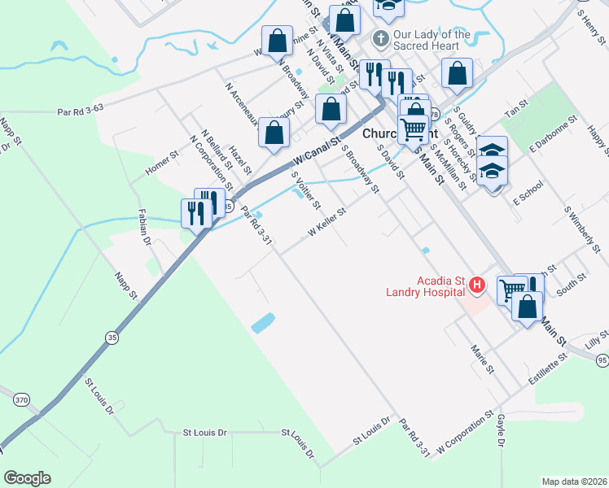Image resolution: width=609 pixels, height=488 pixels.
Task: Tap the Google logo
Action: pos(27,478)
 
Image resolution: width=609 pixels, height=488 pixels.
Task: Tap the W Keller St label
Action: pos(327,222)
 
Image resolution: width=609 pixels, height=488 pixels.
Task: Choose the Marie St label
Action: pos(482,359)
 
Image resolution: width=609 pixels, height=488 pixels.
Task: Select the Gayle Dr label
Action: pos(500,431)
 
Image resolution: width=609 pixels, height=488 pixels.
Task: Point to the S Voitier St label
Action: pos(306,189)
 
